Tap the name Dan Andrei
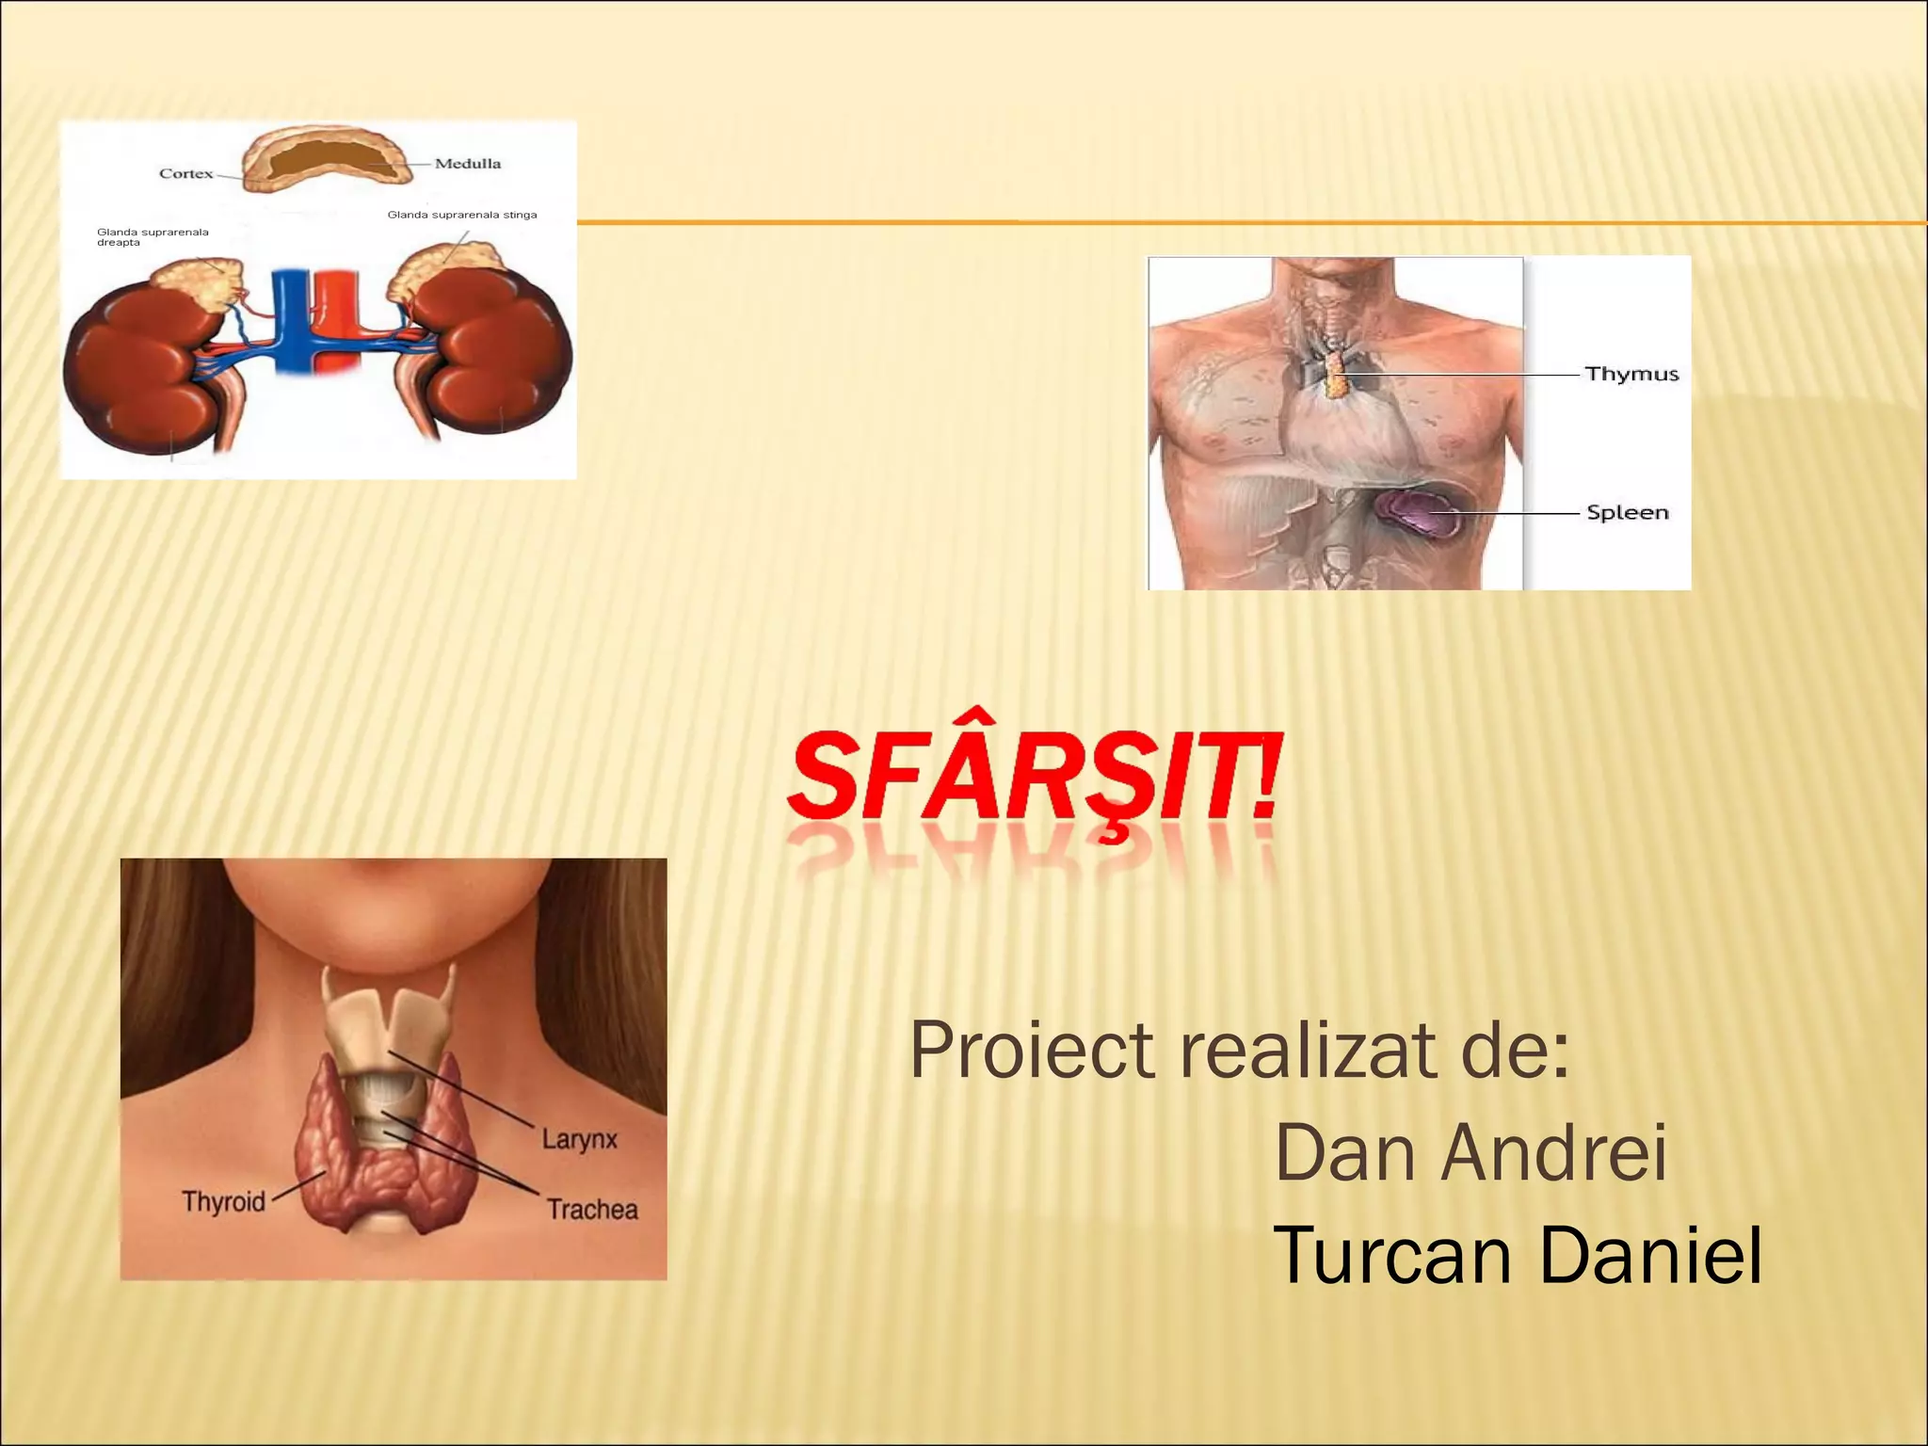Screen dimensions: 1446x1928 1470,1152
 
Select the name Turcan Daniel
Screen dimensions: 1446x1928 1517,1255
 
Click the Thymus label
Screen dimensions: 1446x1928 1631,374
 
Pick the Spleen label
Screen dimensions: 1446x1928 1628,513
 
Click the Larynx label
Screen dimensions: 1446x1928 580,1140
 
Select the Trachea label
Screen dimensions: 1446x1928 592,1210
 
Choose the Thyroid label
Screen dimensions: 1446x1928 223,1202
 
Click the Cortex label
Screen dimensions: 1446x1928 185,174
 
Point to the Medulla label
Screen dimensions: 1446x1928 468,164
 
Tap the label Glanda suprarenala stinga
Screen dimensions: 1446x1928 462,215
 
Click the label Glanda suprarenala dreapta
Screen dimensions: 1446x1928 152,237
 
